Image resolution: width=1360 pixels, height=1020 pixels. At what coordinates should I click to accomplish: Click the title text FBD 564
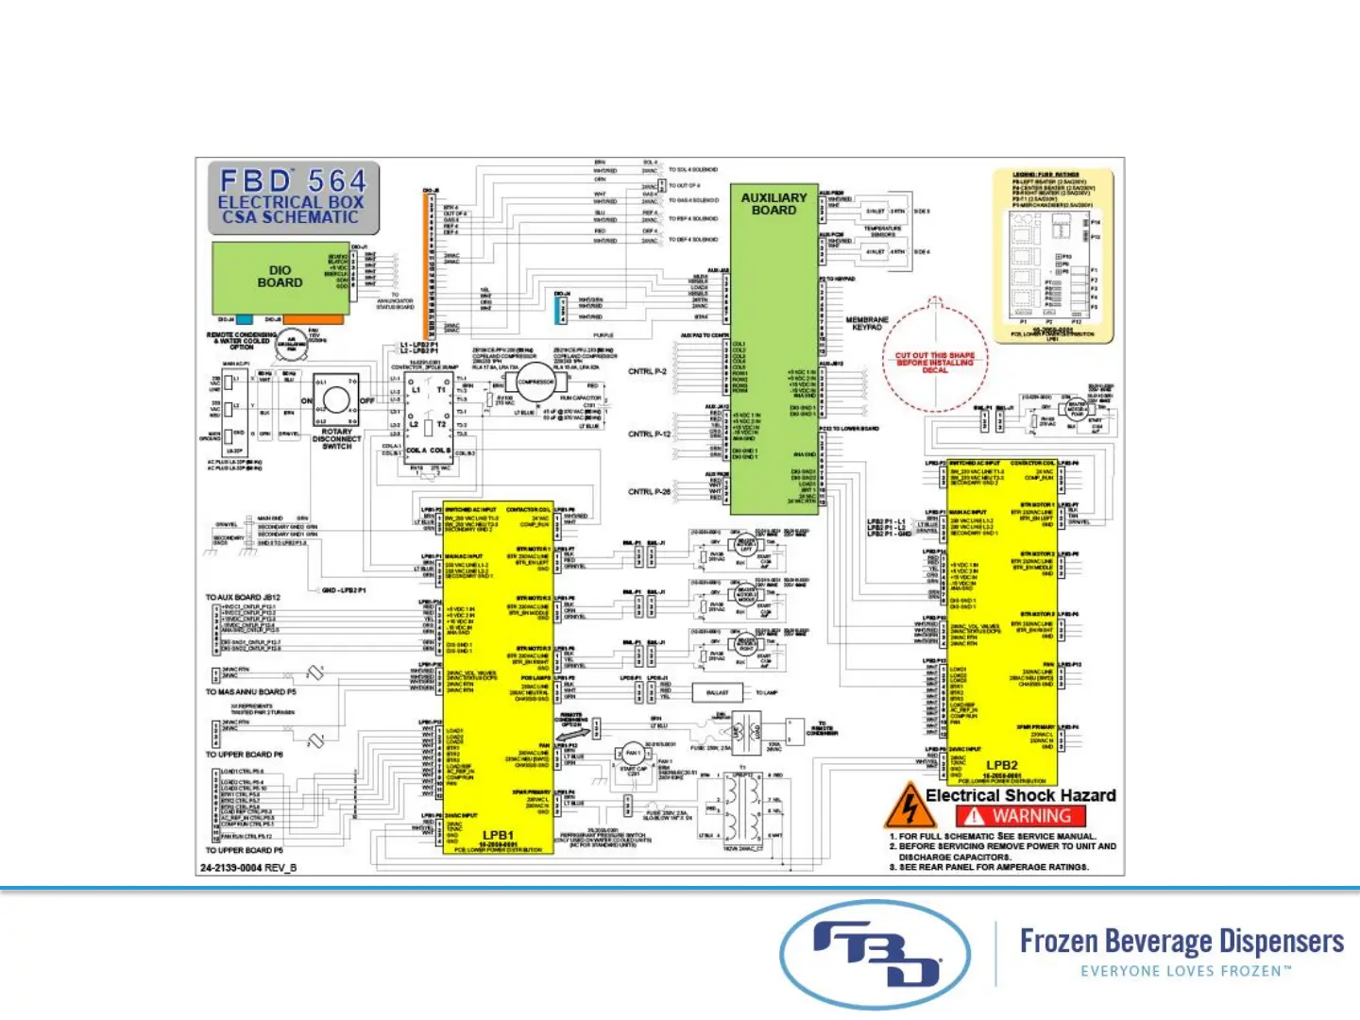(293, 180)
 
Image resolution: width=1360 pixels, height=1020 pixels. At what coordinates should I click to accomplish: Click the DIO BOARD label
(280, 276)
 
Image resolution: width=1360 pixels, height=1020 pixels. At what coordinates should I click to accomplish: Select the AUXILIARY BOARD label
(773, 204)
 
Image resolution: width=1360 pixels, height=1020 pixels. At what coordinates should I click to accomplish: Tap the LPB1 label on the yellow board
(498, 835)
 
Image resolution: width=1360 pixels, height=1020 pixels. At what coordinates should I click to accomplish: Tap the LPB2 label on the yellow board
(1002, 765)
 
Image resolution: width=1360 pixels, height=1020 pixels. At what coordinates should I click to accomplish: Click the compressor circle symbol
(535, 382)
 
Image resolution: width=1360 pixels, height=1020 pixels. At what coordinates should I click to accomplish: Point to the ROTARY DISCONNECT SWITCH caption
(337, 438)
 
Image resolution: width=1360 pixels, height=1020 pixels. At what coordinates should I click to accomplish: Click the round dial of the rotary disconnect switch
(336, 400)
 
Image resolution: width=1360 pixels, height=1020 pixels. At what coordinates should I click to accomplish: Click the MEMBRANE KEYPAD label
(867, 324)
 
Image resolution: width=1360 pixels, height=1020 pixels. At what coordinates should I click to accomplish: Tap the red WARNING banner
(1021, 816)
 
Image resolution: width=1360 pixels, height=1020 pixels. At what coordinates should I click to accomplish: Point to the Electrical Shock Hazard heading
(1021, 795)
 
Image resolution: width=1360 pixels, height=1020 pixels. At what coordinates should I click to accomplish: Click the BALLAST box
(718, 692)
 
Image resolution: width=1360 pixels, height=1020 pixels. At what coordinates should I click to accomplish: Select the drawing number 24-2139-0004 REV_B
(248, 867)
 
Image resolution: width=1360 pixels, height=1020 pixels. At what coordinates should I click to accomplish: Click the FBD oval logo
(875, 954)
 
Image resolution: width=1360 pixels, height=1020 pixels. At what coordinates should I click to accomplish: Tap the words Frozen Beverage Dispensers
(1181, 941)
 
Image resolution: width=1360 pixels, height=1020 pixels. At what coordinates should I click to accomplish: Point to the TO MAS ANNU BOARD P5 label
(251, 692)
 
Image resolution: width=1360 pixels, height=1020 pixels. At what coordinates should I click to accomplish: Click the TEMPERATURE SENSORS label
(882, 231)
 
